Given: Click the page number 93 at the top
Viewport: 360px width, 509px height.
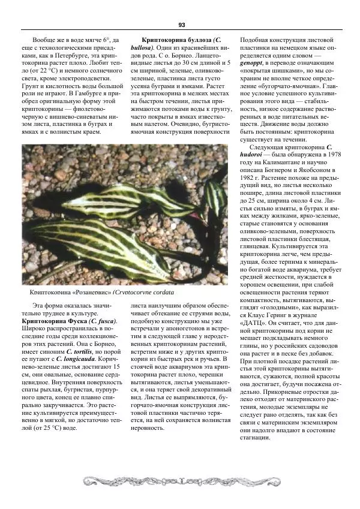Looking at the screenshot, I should tap(181, 25).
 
